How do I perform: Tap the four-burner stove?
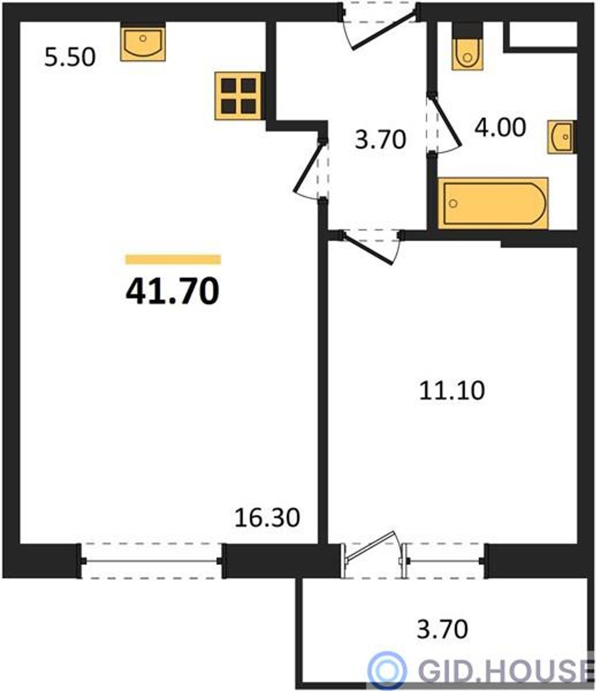tap(238, 96)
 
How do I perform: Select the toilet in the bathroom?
tap(467, 47)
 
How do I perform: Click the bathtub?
tap(493, 204)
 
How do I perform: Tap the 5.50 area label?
tap(70, 57)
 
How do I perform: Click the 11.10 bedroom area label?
tap(452, 391)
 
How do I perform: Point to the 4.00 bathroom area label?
tap(500, 127)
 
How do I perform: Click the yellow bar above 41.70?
tap(173, 260)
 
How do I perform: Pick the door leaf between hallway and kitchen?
tap(308, 167)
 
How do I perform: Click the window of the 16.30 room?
tap(152, 561)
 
